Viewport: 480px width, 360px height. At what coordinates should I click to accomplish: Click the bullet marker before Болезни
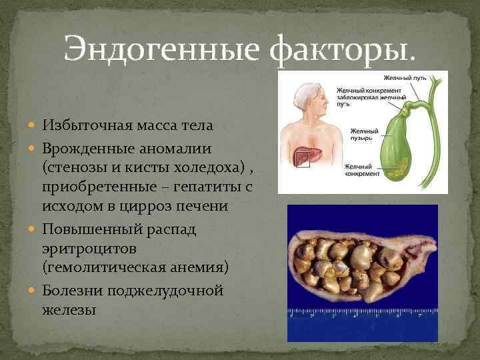coord(34,291)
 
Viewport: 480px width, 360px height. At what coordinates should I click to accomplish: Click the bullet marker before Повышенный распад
coord(34,229)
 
